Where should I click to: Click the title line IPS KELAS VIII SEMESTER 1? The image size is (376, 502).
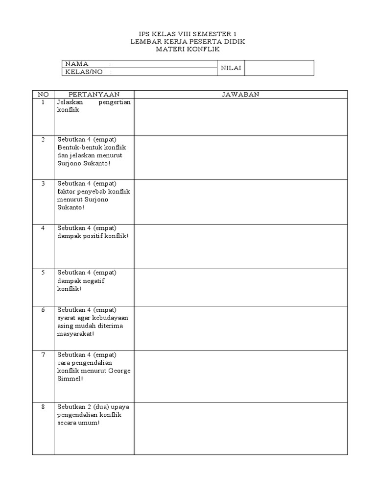point(188,34)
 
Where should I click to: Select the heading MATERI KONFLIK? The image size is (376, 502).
point(188,50)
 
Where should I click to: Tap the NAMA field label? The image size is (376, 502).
point(77,64)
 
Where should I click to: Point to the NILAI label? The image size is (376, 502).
point(231,68)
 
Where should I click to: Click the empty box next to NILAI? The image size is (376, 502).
point(279,68)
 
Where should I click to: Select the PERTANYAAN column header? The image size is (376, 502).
point(94,94)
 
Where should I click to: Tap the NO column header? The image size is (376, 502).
point(43,94)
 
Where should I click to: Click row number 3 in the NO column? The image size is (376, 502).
point(43,183)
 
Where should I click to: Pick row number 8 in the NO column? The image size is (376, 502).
point(43,407)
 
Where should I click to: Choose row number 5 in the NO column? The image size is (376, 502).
point(43,273)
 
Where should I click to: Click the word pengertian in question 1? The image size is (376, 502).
point(115,102)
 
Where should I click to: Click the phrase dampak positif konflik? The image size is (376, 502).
point(93,236)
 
